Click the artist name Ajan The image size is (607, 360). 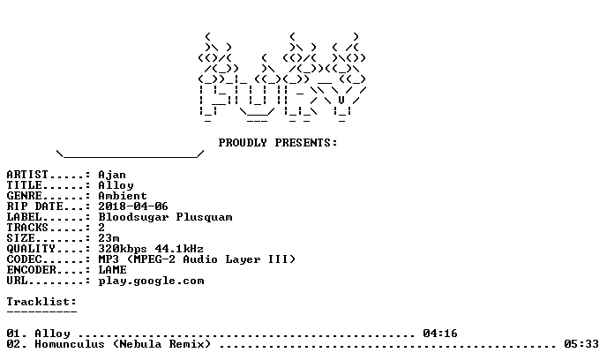112,175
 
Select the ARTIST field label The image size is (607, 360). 27,175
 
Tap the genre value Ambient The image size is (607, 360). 123,196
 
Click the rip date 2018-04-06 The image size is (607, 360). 133,206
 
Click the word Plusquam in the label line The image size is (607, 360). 204,218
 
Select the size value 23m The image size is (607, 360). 109,238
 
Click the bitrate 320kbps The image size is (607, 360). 123,249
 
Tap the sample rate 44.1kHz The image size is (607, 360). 179,249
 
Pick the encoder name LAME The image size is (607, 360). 112,270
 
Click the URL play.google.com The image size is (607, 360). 151,281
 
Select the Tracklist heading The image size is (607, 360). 41,302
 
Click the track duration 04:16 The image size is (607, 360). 440,334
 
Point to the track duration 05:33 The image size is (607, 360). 581,344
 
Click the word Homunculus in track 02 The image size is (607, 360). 70,344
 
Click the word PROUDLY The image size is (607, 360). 243,143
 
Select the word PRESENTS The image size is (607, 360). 303,143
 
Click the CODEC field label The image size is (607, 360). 24,259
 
